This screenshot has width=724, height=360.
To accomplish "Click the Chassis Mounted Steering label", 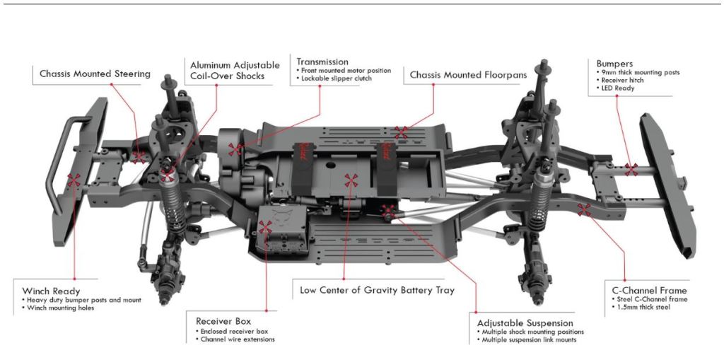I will click(95, 74).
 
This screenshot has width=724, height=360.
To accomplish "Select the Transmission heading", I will click(322, 62).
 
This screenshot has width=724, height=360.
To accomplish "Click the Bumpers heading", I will click(614, 64).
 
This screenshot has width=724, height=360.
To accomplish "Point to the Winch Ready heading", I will click(51, 291).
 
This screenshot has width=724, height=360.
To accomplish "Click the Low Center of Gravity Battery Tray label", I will click(377, 290).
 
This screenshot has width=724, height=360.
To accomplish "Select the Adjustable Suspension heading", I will click(525, 322).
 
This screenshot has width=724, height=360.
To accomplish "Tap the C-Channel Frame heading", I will click(649, 290).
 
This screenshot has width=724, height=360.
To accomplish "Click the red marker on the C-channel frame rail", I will click(584, 209).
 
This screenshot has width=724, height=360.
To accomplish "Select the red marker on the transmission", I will click(236, 149).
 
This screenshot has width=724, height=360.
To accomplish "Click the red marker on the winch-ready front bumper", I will click(74, 180).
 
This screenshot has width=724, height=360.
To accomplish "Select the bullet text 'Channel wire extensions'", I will click(238, 340).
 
